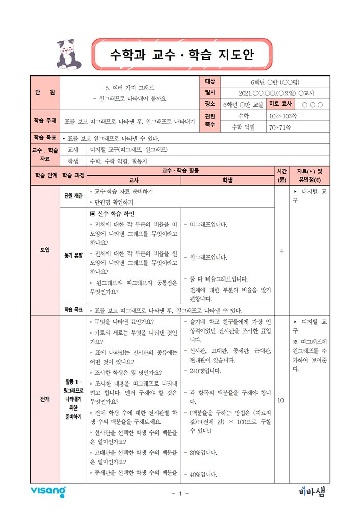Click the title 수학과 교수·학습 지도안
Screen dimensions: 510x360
182,55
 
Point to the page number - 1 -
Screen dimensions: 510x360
180,494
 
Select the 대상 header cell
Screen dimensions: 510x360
211,82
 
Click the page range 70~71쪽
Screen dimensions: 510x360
280,126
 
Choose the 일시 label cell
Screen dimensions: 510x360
211,93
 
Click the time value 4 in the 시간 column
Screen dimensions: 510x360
282,251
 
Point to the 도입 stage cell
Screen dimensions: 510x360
45,250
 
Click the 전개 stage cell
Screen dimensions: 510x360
45,398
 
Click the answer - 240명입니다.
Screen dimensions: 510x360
202,371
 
